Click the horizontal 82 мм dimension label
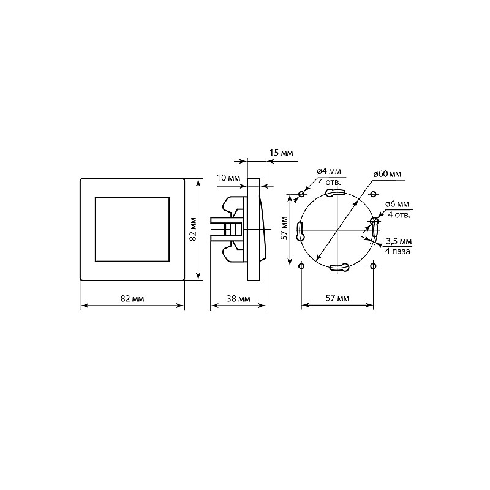[x=132, y=299]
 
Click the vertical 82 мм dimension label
[x=193, y=229]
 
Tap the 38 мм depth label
[x=238, y=299]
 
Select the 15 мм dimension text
[x=281, y=153]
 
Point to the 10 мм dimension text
[x=228, y=178]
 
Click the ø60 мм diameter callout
[x=387, y=174]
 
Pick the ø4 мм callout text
[x=329, y=171]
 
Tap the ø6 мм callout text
[x=397, y=204]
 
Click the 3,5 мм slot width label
[x=399, y=241]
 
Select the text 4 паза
[x=398, y=251]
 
